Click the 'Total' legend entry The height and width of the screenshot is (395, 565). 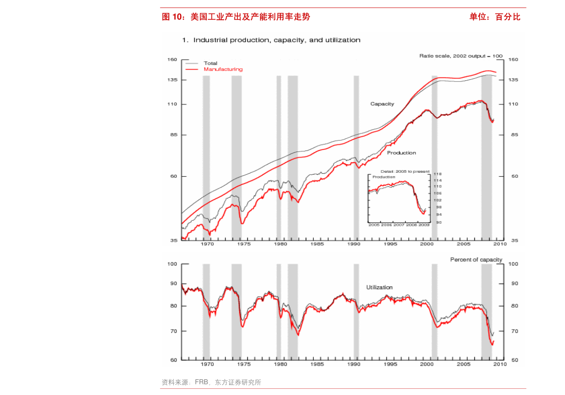(210, 63)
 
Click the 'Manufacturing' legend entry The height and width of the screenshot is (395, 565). (223, 69)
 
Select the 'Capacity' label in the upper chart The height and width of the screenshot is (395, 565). (382, 103)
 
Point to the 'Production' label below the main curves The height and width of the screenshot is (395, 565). (401, 153)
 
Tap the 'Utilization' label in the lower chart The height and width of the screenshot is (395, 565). (379, 287)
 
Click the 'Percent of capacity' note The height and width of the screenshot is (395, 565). (476, 260)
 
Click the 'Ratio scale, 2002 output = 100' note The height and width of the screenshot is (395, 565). (461, 56)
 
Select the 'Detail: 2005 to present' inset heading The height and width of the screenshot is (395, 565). (405, 171)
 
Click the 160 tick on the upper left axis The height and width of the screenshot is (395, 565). (172, 59)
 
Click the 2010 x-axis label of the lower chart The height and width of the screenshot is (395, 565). (499, 364)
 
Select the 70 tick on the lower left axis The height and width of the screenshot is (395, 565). (172, 331)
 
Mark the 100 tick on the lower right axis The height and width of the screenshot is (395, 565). (513, 264)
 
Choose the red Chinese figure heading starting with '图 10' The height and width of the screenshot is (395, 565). (236, 17)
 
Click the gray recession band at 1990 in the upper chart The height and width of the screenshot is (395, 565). (356, 157)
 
